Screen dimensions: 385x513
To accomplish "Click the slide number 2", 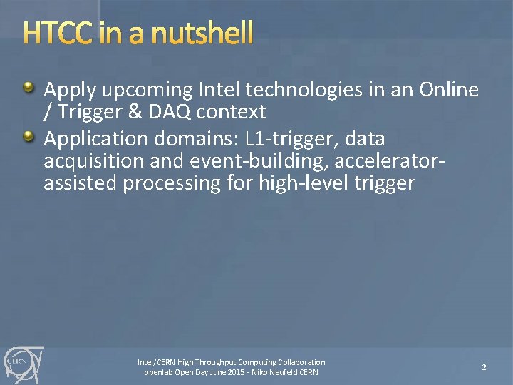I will pyautogui.click(x=484, y=367).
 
